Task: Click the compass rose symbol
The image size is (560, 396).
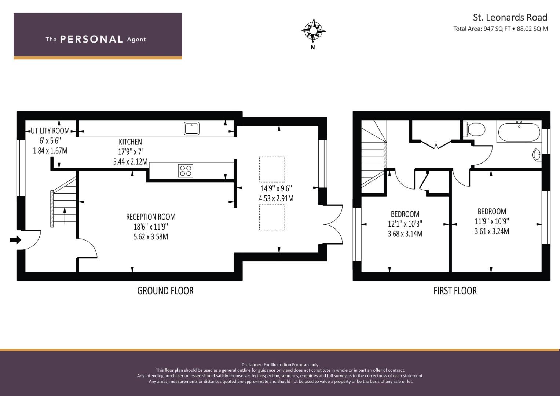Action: coord(313,31)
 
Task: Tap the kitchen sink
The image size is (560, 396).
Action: coord(191,128)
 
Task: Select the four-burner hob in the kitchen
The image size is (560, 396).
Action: coord(186,171)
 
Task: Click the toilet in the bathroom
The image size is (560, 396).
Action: coord(474,129)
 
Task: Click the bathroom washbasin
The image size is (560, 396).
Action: coord(537,154)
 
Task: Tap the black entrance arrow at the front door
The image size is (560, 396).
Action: coord(15,240)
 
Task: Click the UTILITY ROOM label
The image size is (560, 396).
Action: coord(50,131)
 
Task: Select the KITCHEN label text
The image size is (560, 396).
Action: coord(130,142)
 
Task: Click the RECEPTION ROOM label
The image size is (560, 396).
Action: coord(151,217)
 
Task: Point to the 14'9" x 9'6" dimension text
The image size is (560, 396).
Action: coord(276,188)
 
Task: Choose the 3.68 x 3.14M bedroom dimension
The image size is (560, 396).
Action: coord(405,234)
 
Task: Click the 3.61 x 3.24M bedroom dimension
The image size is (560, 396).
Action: coord(492,231)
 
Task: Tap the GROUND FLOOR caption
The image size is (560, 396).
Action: coord(165,291)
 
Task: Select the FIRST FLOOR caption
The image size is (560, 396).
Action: coord(455,291)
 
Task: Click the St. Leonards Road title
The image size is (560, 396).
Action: coord(510,17)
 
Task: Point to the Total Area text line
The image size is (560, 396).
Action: coord(501,29)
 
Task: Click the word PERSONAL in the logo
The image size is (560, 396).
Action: coord(92,39)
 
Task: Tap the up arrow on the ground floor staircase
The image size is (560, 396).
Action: coord(65,216)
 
